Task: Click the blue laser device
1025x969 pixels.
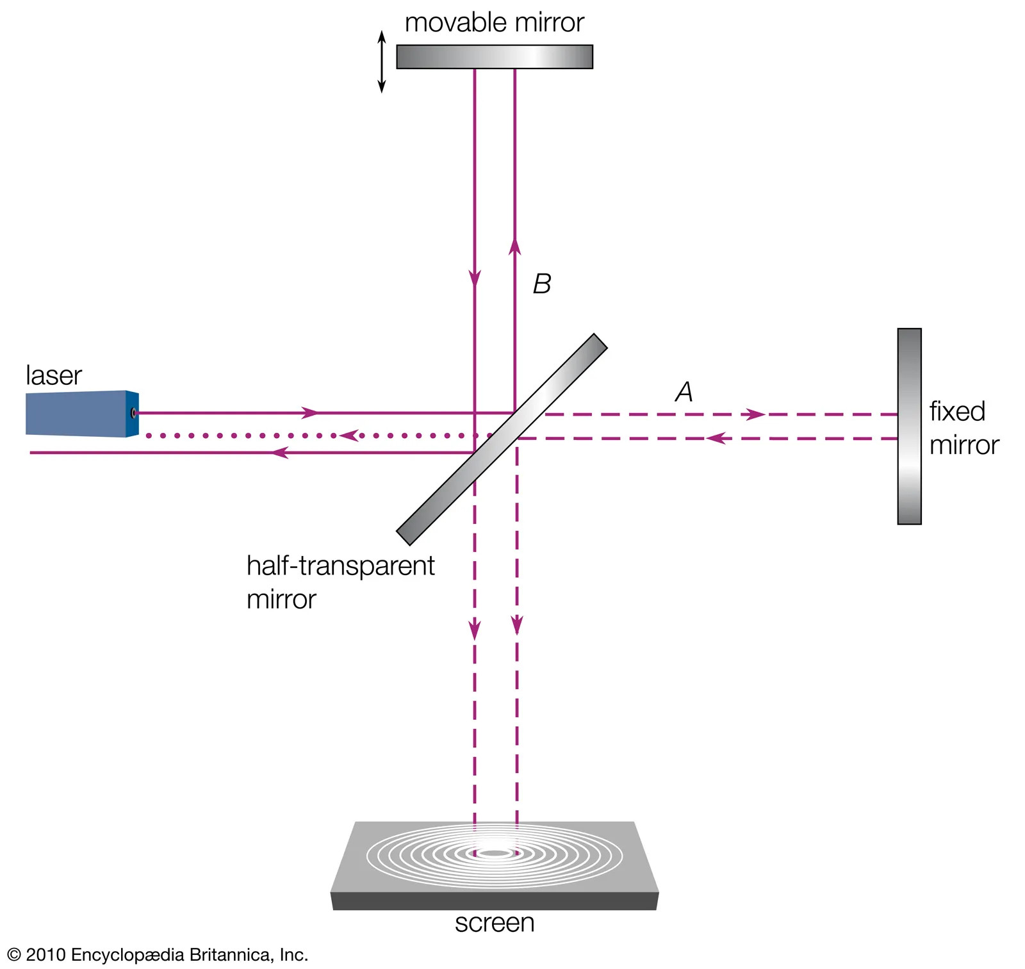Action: tap(80, 414)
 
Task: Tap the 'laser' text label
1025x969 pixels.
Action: tap(54, 376)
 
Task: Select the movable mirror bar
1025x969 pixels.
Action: tap(494, 56)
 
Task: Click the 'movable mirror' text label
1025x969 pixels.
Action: tap(494, 23)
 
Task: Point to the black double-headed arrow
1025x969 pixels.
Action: tap(382, 61)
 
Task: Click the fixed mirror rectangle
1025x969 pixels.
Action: tap(909, 427)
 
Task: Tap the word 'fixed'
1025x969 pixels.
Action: tap(957, 411)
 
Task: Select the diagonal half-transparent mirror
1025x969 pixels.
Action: tap(502, 439)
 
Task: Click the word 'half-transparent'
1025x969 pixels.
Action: tap(340, 566)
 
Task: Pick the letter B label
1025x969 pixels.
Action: tap(542, 284)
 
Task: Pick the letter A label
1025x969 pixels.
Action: tap(684, 391)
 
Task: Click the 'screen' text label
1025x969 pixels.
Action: tap(495, 923)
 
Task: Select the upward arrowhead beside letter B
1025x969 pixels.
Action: tap(514, 247)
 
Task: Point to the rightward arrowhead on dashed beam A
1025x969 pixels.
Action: tap(756, 414)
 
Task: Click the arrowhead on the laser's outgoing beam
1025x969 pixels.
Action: tap(310, 413)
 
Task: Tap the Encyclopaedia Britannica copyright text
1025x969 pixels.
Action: tap(158, 955)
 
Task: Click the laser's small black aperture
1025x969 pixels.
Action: tap(133, 413)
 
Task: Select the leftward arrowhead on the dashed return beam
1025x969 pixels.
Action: tap(716, 439)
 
